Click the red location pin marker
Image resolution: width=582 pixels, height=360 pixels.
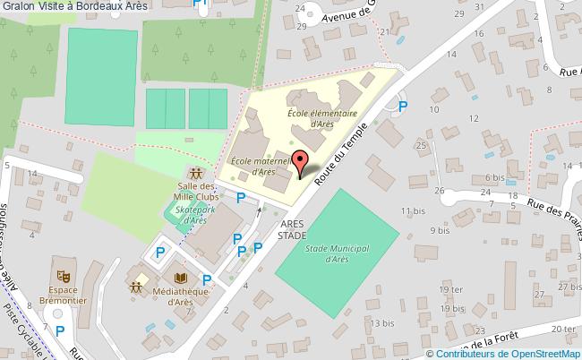[300, 164]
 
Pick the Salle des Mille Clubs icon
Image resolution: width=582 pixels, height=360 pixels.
[196, 171]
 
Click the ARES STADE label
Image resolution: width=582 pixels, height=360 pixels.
[291, 229]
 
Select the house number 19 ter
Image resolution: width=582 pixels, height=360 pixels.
[451, 291]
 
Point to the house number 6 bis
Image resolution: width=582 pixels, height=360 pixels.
[494, 178]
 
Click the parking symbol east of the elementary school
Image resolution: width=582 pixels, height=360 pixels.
[403, 107]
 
